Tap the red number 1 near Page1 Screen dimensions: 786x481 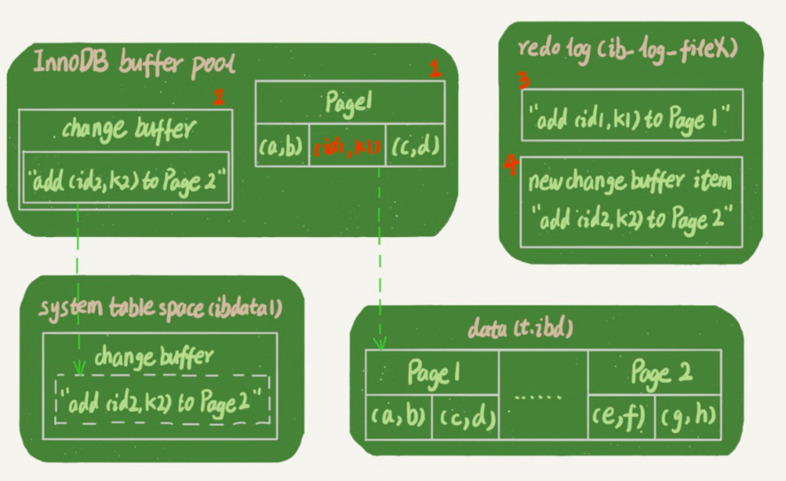point(435,69)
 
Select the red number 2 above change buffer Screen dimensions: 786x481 point(218,97)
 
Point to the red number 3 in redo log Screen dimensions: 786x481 point(524,81)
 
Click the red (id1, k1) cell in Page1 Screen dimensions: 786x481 point(348,148)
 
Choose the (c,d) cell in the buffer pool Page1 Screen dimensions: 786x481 point(414,148)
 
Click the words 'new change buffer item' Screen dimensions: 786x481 point(630,182)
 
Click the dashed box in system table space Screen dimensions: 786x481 point(162,402)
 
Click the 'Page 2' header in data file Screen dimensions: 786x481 point(655,373)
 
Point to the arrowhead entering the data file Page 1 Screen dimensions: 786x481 point(381,342)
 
